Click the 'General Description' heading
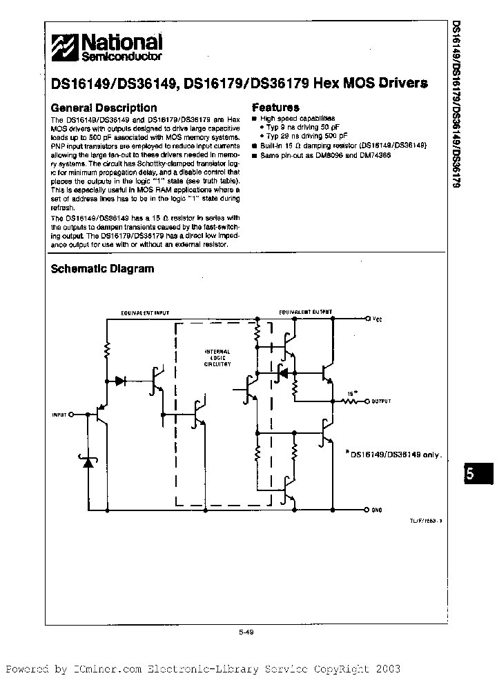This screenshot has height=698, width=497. tap(104, 108)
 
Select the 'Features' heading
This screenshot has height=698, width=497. tap(275, 108)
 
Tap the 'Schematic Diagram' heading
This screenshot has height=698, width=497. tap(102, 269)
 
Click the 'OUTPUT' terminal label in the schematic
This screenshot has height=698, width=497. tap(381, 401)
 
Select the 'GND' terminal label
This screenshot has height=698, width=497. tap(377, 510)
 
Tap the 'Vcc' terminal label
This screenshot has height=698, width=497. tap(377, 319)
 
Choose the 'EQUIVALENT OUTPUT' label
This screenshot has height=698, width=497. tap(304, 312)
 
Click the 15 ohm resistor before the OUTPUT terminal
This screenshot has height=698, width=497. tap(350, 401)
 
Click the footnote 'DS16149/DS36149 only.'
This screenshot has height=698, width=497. tap(394, 454)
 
